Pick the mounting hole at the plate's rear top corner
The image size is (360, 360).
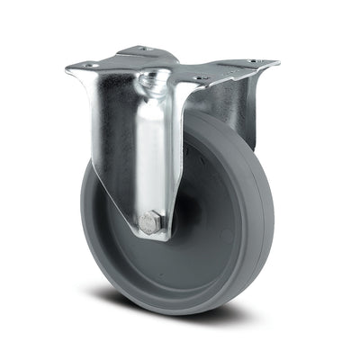[x=142, y=49]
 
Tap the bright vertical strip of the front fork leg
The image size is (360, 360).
[x=152, y=153]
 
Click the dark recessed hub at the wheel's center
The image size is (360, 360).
[x=184, y=216]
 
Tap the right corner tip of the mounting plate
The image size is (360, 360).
[x=277, y=63]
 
